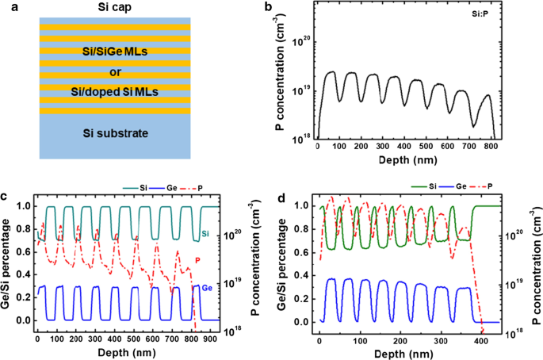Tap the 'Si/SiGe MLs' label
point(112,52)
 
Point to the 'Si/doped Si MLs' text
point(112,93)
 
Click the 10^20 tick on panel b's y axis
point(302,41)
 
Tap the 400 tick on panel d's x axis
point(480,338)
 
